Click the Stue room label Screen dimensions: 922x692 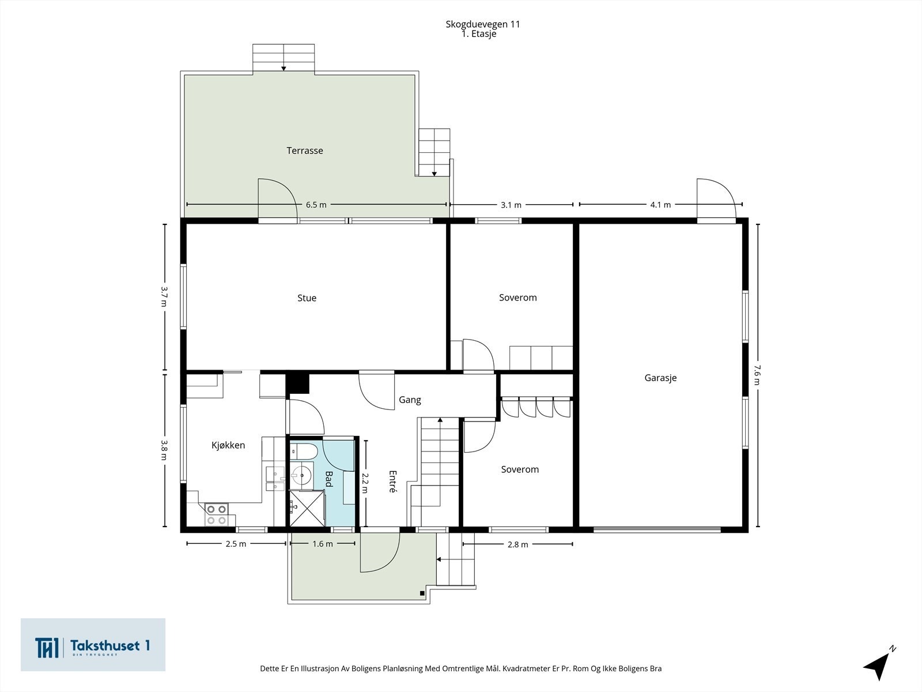pos(307,298)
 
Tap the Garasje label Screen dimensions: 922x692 pos(660,378)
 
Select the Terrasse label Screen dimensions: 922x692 pos(304,151)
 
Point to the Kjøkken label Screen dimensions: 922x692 pos(228,445)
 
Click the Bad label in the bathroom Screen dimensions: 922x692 pos(329,479)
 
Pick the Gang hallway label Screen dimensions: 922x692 pos(410,400)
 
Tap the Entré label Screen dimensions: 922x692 pos(393,482)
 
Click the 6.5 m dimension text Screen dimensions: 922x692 pos(316,205)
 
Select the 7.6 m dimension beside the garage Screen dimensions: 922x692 pos(757,375)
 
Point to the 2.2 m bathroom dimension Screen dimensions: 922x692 pos(365,484)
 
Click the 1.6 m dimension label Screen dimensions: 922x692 pos(323,544)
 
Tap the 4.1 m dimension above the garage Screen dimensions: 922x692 pos(660,205)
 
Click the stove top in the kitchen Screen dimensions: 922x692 pos(216,515)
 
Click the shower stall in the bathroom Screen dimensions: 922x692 pos(307,509)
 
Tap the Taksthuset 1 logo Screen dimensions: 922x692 pos(93,645)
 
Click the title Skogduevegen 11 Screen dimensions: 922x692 pos(483,24)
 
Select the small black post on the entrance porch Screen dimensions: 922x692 pos(422,594)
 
